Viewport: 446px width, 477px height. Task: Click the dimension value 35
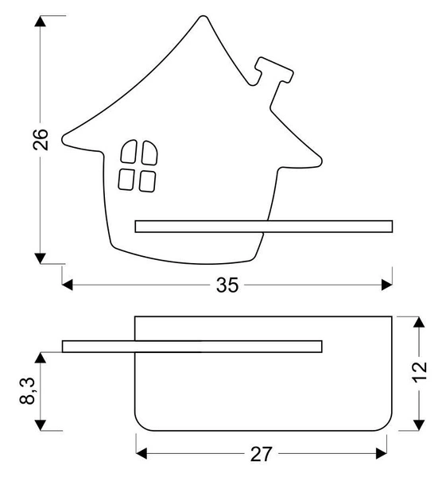pos(227,285)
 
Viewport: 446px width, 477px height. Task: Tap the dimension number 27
pos(262,454)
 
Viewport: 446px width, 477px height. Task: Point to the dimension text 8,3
pos(29,394)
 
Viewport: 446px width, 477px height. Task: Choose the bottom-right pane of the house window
pos(146,180)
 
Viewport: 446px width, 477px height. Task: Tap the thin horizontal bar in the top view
pos(192,345)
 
